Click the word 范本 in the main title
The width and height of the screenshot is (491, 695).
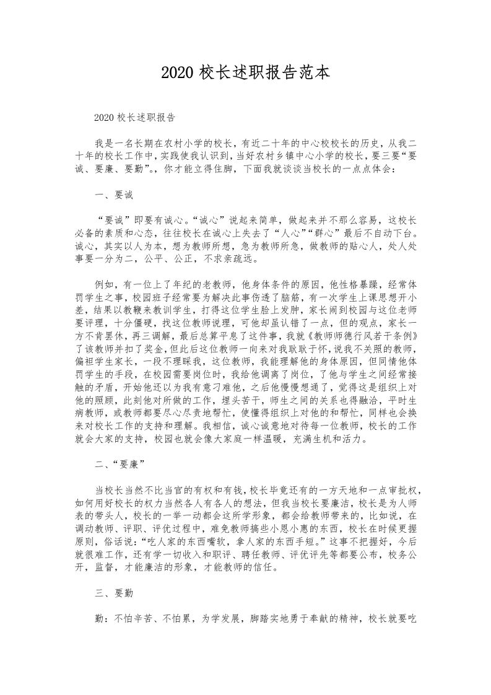313,72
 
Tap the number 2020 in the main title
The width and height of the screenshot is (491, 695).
178,72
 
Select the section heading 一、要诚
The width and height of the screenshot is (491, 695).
114,195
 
